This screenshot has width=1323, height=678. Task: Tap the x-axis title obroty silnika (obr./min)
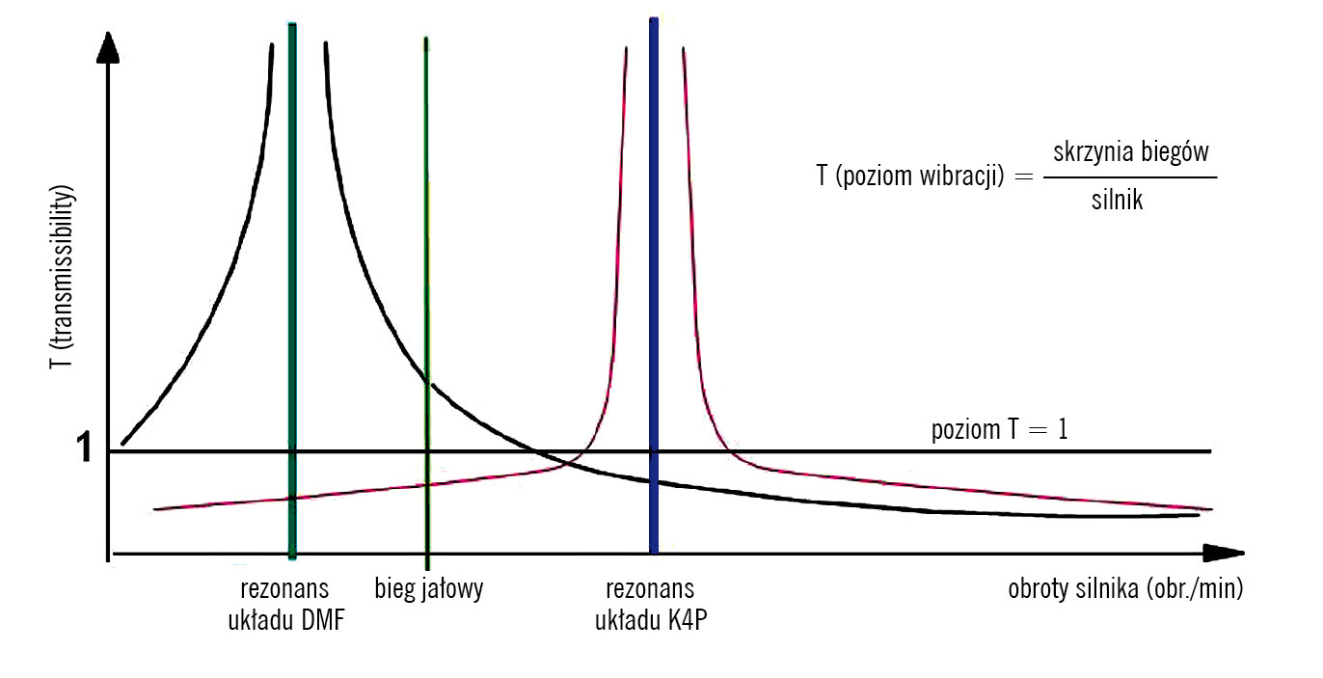pyautogui.click(x=1125, y=589)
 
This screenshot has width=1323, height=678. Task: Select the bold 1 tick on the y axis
pyautogui.click(x=85, y=449)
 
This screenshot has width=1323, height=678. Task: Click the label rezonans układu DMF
pyautogui.click(x=285, y=604)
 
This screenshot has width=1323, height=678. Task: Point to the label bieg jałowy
pyautogui.click(x=428, y=589)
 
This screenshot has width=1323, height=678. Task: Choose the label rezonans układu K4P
pyautogui.click(x=649, y=604)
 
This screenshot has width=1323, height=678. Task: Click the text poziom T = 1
pyautogui.click(x=999, y=429)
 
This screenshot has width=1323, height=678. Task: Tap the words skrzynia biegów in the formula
pyautogui.click(x=1131, y=152)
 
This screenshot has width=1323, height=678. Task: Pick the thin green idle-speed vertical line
pyautogui.click(x=426, y=241)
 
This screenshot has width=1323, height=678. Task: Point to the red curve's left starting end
pyautogui.click(x=155, y=508)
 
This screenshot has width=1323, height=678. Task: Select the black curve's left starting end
pyautogui.click(x=123, y=445)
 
